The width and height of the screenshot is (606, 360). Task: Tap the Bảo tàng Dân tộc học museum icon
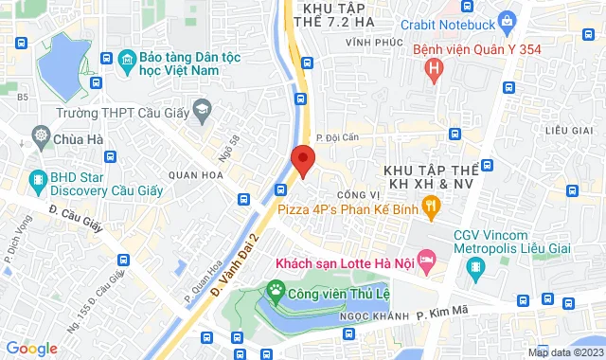[126, 62]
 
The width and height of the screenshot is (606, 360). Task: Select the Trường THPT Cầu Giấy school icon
[202, 111]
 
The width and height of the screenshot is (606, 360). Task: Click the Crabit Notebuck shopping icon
[508, 18]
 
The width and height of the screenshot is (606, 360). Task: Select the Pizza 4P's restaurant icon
[431, 203]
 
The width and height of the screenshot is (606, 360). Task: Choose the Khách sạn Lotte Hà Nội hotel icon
[426, 258]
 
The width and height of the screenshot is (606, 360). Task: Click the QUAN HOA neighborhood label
[193, 174]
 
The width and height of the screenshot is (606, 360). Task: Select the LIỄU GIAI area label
[569, 128]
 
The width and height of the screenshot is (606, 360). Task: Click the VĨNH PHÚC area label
[368, 44]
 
